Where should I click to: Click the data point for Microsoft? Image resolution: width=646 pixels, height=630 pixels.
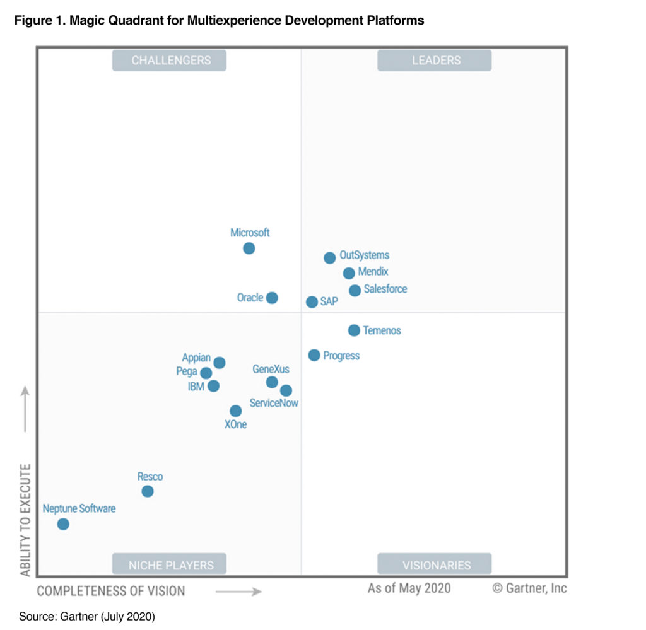[x=249, y=248]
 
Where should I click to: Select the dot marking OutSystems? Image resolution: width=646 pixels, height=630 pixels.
[x=330, y=258]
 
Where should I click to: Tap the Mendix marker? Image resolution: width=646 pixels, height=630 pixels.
[x=349, y=273]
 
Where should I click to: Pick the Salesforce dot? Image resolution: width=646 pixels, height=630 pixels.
[x=355, y=291]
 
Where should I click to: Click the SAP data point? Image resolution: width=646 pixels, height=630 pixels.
[x=312, y=302]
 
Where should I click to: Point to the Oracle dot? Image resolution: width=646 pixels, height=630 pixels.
[x=272, y=298]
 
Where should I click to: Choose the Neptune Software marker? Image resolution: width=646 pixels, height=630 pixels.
[x=63, y=524]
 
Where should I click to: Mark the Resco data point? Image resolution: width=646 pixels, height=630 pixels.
[x=148, y=491]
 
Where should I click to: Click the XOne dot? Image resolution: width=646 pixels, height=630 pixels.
[x=236, y=411]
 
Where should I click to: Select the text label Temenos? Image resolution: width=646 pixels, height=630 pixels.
[x=382, y=330]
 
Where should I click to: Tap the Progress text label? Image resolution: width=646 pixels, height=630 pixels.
[x=341, y=356]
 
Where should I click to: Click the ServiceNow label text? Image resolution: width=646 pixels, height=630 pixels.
[x=274, y=403]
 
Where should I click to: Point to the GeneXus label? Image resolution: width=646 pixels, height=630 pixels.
[x=271, y=369]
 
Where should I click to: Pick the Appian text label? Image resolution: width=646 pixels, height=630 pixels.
[x=196, y=358]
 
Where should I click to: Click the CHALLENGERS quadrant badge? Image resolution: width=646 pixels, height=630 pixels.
[x=169, y=61]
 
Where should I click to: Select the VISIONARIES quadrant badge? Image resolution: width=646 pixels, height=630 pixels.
[x=434, y=564]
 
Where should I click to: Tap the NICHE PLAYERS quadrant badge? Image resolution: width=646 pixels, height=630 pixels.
[x=169, y=564]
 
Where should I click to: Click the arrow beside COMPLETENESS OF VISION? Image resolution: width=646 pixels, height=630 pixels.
[x=238, y=592]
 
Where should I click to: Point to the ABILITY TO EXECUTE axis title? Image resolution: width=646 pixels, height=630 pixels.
[x=25, y=520]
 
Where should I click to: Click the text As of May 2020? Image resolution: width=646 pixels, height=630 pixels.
[x=409, y=588]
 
